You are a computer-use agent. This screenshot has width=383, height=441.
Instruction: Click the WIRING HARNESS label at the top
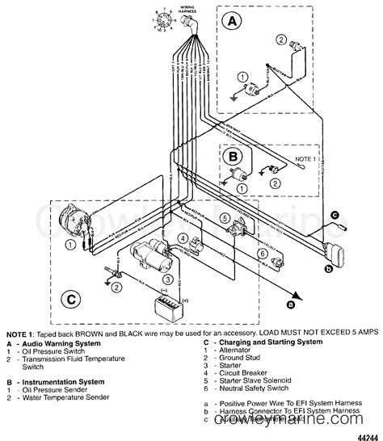coord(188,11)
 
